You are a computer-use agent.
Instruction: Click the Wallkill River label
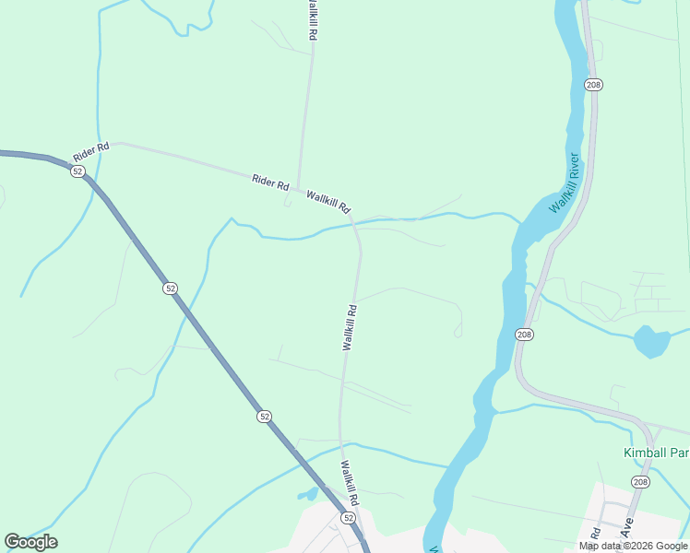tap(564, 183)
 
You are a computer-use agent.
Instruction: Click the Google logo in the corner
tap(30, 542)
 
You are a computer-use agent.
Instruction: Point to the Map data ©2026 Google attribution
tap(633, 546)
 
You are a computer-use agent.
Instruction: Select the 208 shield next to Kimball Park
tap(640, 481)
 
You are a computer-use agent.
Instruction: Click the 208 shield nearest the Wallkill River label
tap(593, 85)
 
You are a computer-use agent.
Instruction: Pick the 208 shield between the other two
tap(524, 334)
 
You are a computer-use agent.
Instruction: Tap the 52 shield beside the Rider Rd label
tap(77, 171)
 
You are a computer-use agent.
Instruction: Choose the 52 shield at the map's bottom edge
tap(348, 518)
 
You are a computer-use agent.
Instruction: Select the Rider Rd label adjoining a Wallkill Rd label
tap(270, 181)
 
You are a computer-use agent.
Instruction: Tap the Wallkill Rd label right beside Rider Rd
tap(328, 201)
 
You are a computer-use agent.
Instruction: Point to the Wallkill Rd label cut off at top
tap(312, 18)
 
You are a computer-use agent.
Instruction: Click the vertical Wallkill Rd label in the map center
tap(350, 327)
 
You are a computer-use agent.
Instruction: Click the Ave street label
tap(626, 528)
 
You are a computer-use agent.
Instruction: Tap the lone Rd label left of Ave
tap(596, 534)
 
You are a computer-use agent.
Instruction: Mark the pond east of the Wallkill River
tap(651, 341)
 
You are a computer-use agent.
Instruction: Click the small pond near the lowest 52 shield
tap(307, 495)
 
